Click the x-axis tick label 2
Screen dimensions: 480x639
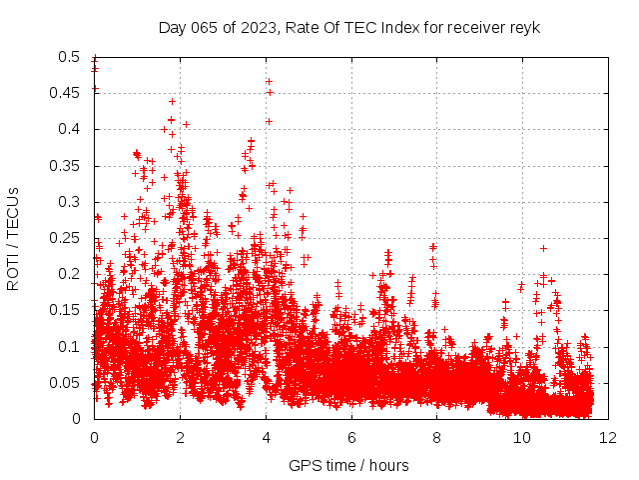click(180, 438)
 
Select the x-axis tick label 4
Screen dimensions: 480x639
click(266, 438)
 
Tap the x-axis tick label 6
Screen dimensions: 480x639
click(351, 438)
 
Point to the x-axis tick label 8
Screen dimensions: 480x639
click(437, 438)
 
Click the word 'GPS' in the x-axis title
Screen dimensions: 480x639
click(304, 466)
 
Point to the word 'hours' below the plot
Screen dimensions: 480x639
click(387, 466)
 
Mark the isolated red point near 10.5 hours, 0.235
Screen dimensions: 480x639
click(544, 248)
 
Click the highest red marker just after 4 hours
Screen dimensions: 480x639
click(270, 92)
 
